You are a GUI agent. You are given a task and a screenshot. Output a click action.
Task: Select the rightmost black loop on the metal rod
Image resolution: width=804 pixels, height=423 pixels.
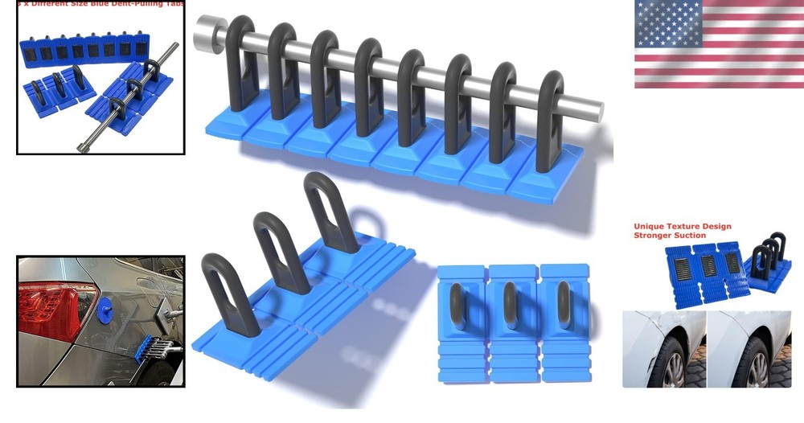[x=551, y=121]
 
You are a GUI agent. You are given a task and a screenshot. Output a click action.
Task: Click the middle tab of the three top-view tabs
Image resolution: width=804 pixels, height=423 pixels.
[x=511, y=322]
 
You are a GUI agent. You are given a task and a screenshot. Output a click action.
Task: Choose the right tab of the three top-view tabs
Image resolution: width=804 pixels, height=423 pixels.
[x=562, y=322]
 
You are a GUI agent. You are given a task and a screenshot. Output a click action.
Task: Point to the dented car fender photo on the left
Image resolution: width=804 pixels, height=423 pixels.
[x=664, y=350]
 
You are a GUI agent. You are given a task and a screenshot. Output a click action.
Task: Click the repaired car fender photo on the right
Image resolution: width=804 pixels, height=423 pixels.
[x=748, y=350]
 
